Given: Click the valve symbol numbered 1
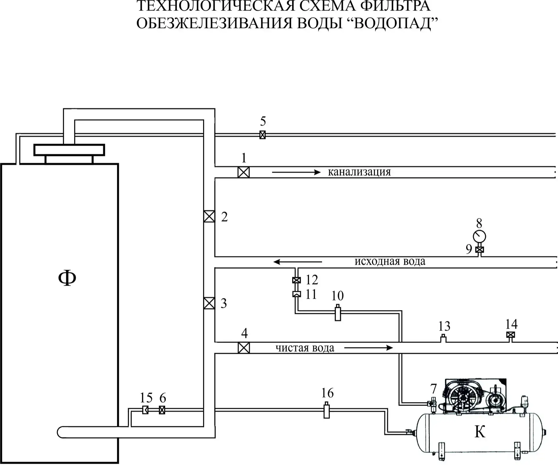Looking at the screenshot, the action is [244, 172].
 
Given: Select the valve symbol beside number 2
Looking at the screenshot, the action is [209, 216].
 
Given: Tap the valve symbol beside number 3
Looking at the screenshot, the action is [209, 303].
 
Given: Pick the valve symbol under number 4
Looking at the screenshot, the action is [244, 348].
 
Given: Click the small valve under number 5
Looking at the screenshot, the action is [262, 135].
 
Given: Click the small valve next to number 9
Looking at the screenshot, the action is [480, 249].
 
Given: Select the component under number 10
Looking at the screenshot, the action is [337, 312].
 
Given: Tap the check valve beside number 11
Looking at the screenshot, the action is [296, 294].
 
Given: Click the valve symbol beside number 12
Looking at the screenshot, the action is [296, 280].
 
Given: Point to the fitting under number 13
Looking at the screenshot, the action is [443, 339].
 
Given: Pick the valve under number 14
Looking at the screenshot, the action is [511, 335].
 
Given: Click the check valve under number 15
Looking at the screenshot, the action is [145, 410].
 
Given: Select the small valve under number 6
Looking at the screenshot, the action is [162, 410].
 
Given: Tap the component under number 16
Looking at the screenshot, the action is [326, 410].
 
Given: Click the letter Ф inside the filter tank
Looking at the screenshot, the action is [67, 278].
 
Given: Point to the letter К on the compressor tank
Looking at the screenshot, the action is [480, 432].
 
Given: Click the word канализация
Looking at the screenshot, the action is [359, 172].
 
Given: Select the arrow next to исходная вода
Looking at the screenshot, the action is [298, 262].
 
